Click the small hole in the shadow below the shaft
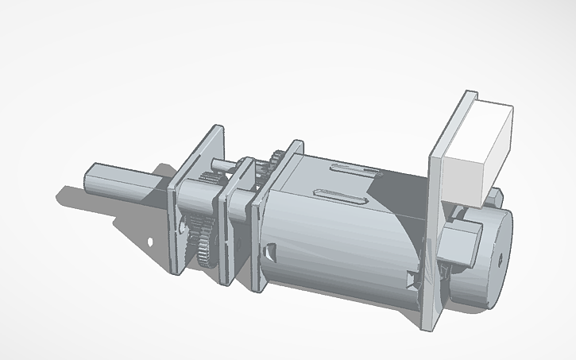tap(150, 240)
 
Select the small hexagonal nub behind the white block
tap(496, 194)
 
